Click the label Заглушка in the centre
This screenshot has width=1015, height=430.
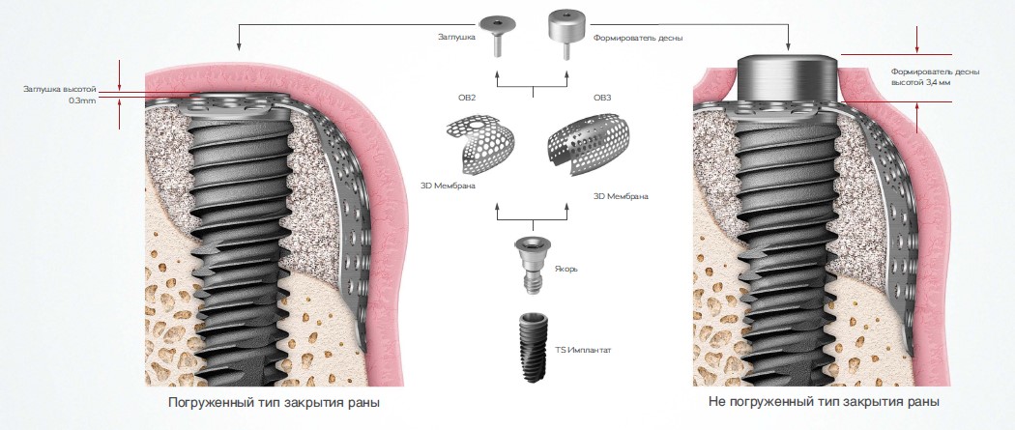point(456,37)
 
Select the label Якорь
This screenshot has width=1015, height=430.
point(567,268)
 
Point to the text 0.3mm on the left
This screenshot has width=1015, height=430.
point(82,100)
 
